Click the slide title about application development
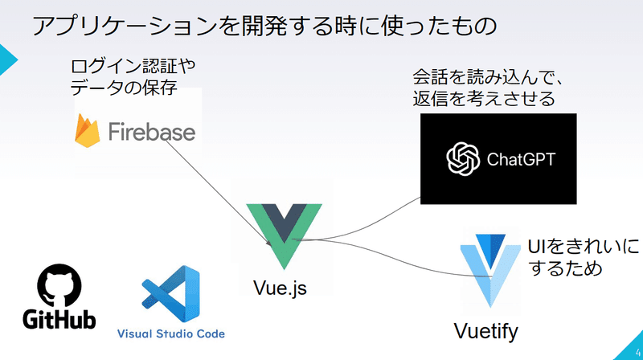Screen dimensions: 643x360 pos(264,27)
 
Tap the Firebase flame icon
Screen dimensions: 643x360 pos(88,131)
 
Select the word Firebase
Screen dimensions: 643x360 pos(152,132)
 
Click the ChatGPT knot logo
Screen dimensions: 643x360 pos(463,159)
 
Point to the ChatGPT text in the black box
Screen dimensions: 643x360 pos(521,159)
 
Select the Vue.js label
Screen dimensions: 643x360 pos(280,288)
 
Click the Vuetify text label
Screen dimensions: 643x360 pos(486,331)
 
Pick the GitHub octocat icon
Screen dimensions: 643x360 pos(59,285)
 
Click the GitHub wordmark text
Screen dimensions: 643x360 pos(59,319)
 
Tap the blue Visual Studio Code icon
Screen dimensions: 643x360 pos(171,294)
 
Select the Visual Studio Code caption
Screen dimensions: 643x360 pos(171,333)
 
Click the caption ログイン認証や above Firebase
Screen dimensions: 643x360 pos(133,67)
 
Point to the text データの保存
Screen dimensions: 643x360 pos(124,88)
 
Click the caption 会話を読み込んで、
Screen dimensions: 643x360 pos(488,77)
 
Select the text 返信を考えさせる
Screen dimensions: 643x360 pos(484,99)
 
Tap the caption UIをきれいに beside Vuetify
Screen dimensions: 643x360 pos(584,247)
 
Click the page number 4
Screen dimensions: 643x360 pos(638,353)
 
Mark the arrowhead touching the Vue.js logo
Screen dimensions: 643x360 pos(269,243)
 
